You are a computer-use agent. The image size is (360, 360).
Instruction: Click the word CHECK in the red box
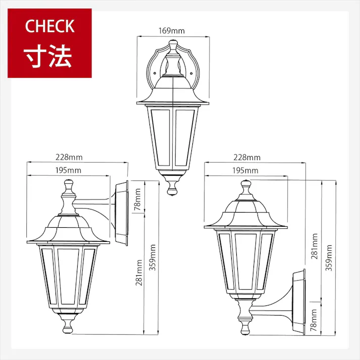point(49,26)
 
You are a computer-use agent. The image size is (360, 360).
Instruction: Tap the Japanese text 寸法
point(49,57)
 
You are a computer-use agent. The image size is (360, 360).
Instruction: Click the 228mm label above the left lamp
point(70,158)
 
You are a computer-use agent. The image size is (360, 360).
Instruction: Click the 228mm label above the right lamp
point(247,158)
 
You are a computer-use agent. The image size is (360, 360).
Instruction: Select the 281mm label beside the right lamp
point(315,246)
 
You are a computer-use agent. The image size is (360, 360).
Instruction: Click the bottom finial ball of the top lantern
point(173,190)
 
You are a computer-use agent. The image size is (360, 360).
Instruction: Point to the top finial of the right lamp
point(245,187)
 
